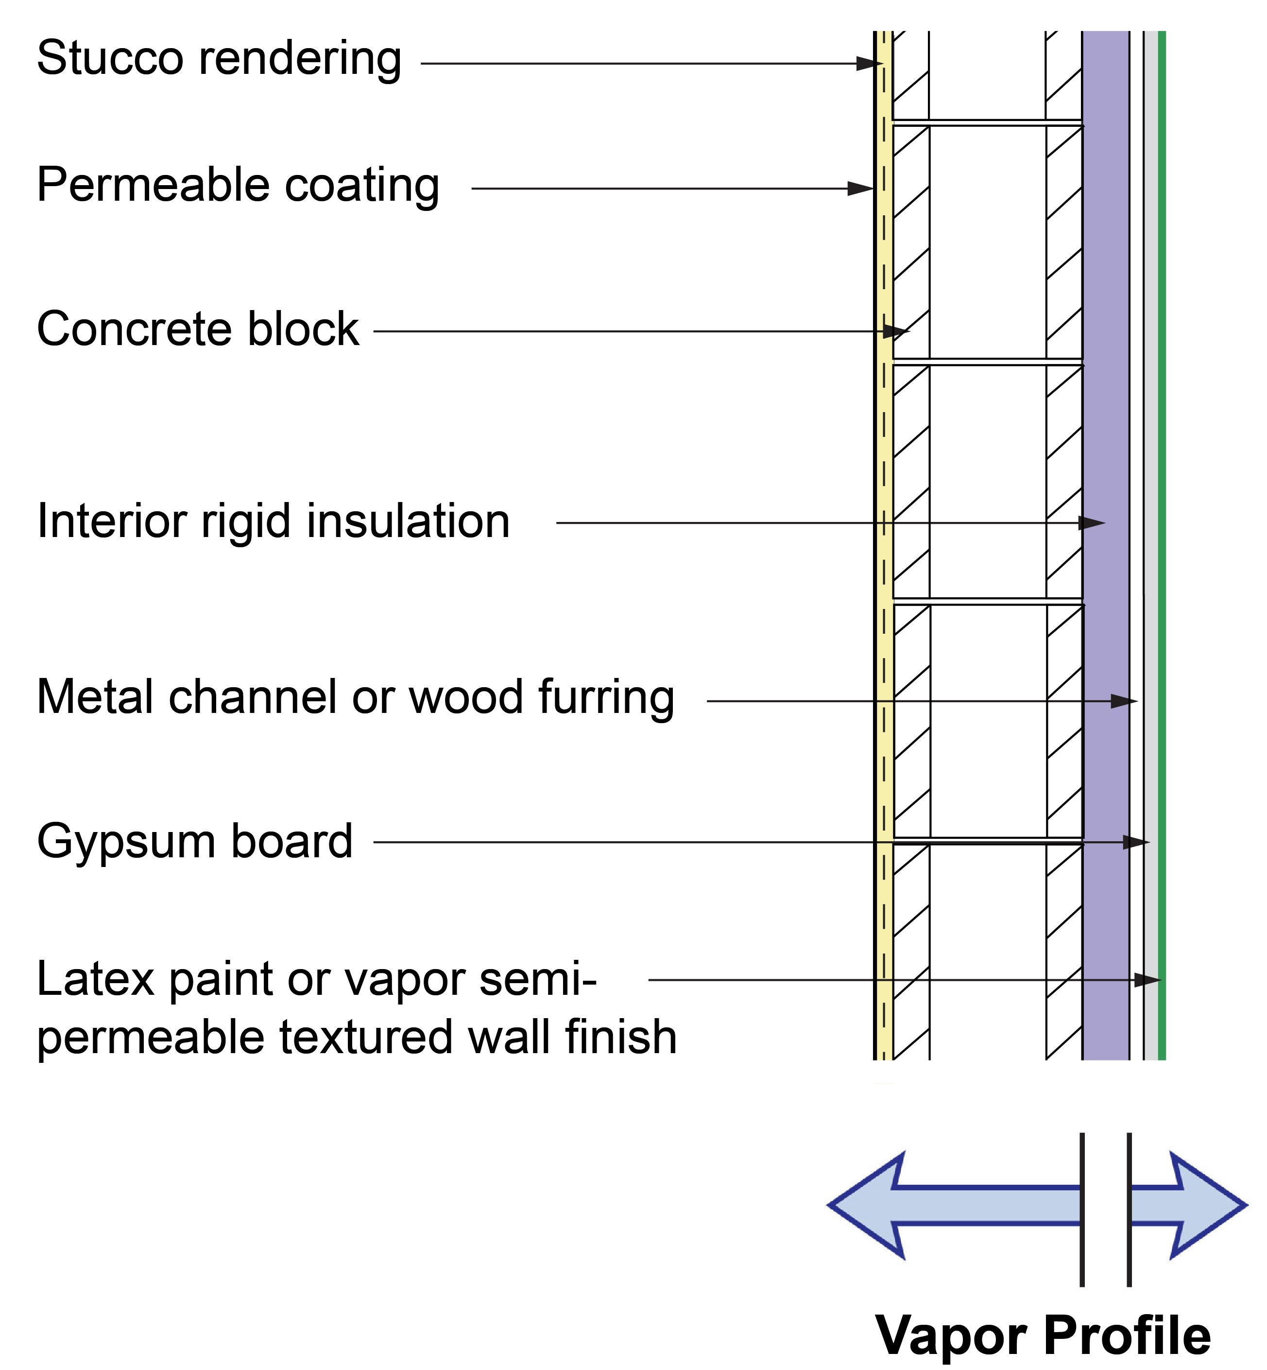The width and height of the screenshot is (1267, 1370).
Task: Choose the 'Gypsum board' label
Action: (195, 842)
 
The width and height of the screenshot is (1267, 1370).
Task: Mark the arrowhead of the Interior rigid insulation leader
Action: (1092, 523)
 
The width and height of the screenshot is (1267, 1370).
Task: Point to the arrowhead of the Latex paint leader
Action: (1147, 981)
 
